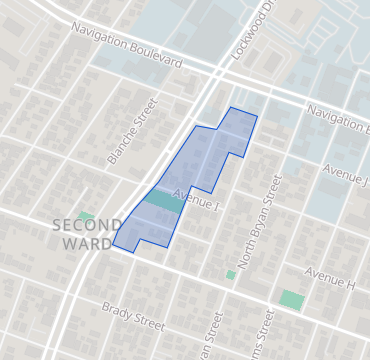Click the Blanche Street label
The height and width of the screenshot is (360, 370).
(132, 131)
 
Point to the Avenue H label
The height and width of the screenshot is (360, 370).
(330, 277)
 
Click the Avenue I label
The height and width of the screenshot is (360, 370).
(196, 198)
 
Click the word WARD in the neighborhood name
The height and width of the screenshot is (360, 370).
(87, 243)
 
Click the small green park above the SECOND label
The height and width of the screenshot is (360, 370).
(86, 215)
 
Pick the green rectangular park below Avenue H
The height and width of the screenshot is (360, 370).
(291, 299)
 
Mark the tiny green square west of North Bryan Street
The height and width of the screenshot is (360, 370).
(231, 274)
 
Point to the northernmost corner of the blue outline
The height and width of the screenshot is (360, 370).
(231, 107)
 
